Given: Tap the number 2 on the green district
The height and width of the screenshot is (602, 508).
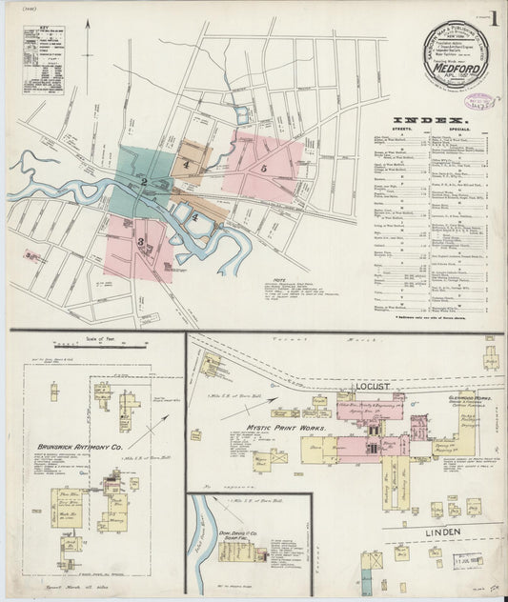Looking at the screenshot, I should click(x=143, y=182).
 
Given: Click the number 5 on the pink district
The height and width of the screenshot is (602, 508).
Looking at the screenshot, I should click(x=262, y=168).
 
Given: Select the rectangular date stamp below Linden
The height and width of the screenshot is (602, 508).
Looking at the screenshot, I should click(x=467, y=562).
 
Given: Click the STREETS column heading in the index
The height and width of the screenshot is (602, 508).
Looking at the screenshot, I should click(x=410, y=131).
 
